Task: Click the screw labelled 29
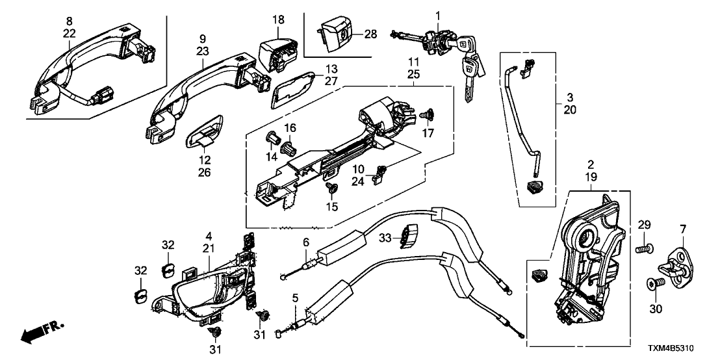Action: click(x=644, y=248)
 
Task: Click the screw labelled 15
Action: click(x=332, y=188)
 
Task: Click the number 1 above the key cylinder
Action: click(x=438, y=14)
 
